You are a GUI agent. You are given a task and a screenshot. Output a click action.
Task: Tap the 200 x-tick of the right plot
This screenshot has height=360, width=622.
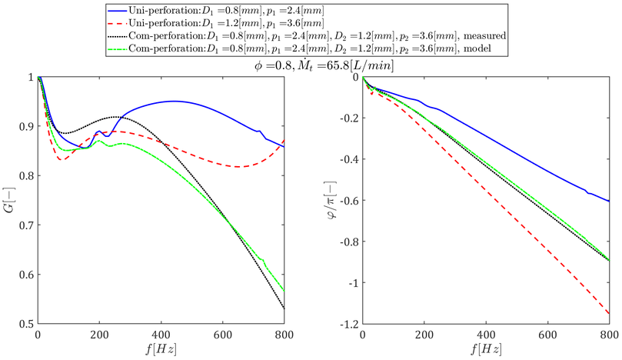pyautogui.click(x=424, y=335)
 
